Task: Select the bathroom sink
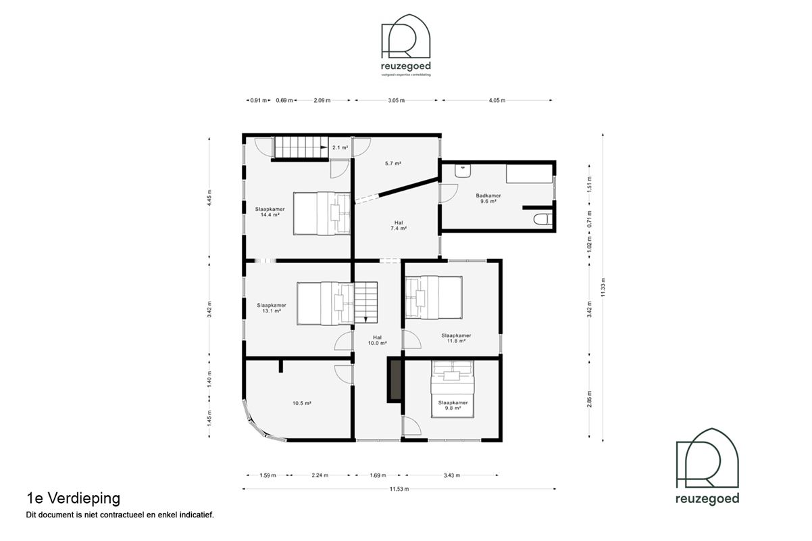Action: point(463,172)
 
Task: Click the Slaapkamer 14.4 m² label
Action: point(270,212)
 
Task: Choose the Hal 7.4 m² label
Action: point(398,225)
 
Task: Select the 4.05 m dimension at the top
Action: point(497,100)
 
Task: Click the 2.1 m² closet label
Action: point(339,147)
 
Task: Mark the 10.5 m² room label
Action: point(301,403)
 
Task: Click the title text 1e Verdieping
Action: point(73,498)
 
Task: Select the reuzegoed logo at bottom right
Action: point(707,467)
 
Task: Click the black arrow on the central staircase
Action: point(365,319)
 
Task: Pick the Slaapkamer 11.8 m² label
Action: point(456,338)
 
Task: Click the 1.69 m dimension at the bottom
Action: point(379,475)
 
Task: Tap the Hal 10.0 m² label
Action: point(378,340)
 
